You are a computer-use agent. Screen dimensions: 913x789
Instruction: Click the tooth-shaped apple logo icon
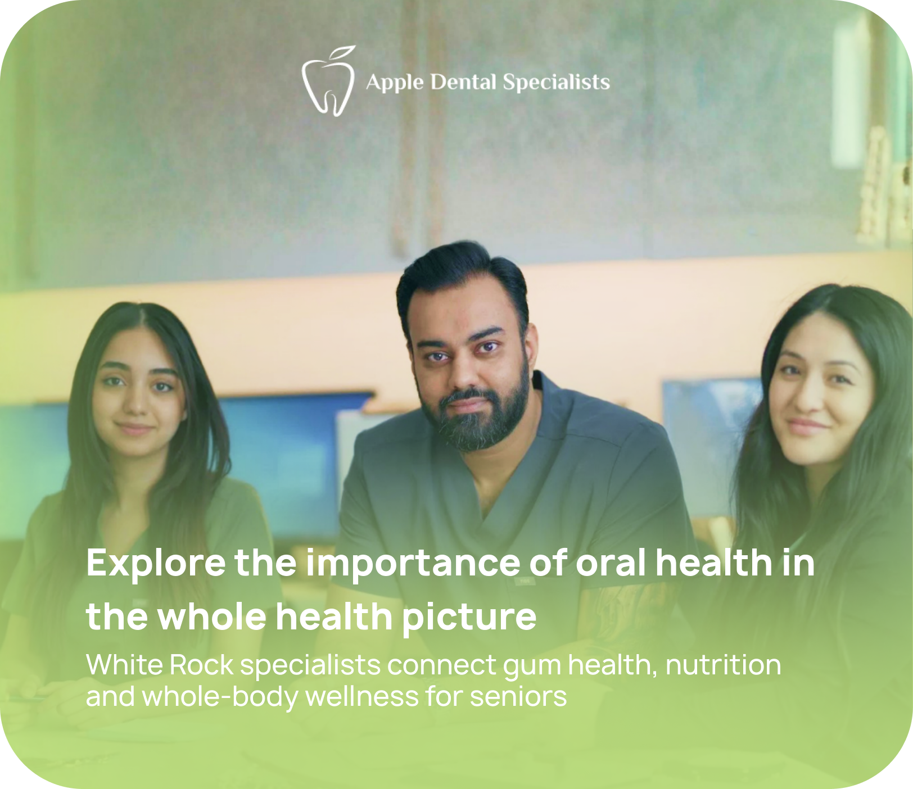(x=329, y=81)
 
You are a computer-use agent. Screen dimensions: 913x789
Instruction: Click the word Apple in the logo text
(x=395, y=83)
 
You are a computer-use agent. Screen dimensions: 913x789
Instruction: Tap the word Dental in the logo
(x=464, y=82)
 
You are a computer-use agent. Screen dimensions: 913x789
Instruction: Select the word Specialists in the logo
(x=557, y=83)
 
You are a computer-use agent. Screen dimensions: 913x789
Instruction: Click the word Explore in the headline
(x=156, y=563)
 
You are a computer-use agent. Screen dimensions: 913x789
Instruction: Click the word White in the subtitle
(x=124, y=665)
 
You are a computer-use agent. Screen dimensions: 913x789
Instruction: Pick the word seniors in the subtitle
(x=518, y=697)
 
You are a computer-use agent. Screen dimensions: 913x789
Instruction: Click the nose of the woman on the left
(x=137, y=405)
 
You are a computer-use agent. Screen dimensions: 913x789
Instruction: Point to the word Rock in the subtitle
(x=201, y=665)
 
